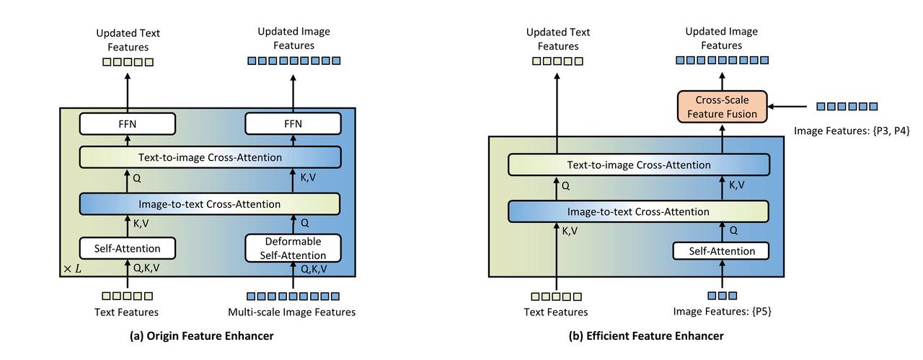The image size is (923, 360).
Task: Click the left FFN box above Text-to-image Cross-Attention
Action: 128,123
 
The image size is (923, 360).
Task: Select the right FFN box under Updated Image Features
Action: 293,123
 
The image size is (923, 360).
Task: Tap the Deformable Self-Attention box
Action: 293,248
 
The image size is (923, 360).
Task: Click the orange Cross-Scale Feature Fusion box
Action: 722,107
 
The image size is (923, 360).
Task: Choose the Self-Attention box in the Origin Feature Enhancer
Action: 128,249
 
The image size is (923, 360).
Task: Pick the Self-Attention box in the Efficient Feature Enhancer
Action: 721,251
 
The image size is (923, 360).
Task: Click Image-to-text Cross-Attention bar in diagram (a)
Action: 209,204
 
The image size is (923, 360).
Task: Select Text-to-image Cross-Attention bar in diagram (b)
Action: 639,165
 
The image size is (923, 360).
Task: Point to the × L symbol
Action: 72,268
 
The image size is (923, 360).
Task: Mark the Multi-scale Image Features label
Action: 292,312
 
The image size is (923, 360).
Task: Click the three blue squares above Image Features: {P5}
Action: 722,296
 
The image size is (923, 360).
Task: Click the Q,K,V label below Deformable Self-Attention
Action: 313,269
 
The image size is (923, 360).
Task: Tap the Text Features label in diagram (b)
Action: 556,312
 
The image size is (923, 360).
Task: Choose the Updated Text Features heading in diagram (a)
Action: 128,40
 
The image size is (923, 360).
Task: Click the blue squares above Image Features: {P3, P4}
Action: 847,107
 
